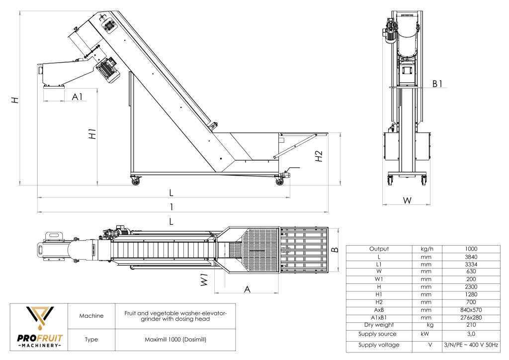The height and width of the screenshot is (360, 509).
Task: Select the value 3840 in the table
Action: [470, 257]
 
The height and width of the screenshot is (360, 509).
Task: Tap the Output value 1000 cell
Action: [470, 249]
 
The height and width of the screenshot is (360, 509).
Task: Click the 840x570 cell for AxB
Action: [470, 310]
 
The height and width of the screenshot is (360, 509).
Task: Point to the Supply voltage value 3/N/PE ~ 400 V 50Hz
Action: [470, 345]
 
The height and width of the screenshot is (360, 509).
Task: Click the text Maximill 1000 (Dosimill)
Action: [175, 340]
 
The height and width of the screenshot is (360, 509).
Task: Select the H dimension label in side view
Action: [16, 100]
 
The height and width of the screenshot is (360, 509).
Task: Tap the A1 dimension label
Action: [77, 97]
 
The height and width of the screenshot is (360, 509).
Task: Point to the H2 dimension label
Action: [319, 156]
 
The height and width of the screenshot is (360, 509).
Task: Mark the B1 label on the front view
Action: [437, 84]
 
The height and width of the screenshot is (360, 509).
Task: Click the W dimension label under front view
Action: [407, 200]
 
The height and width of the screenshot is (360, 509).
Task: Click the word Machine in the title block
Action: [91, 316]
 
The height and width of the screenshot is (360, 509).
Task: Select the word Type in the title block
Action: [91, 340]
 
